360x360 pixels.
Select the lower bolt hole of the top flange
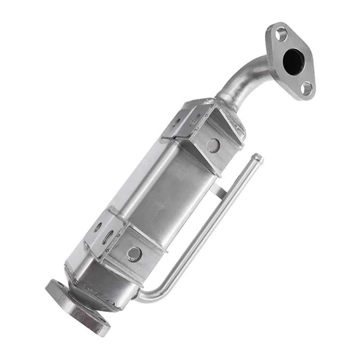pos(306,88)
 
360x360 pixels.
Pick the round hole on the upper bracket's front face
pos(213,145)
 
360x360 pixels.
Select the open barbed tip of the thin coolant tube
pos(257,158)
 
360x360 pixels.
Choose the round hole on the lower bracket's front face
pos(134,254)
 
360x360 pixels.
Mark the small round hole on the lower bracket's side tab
pos(98,227)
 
